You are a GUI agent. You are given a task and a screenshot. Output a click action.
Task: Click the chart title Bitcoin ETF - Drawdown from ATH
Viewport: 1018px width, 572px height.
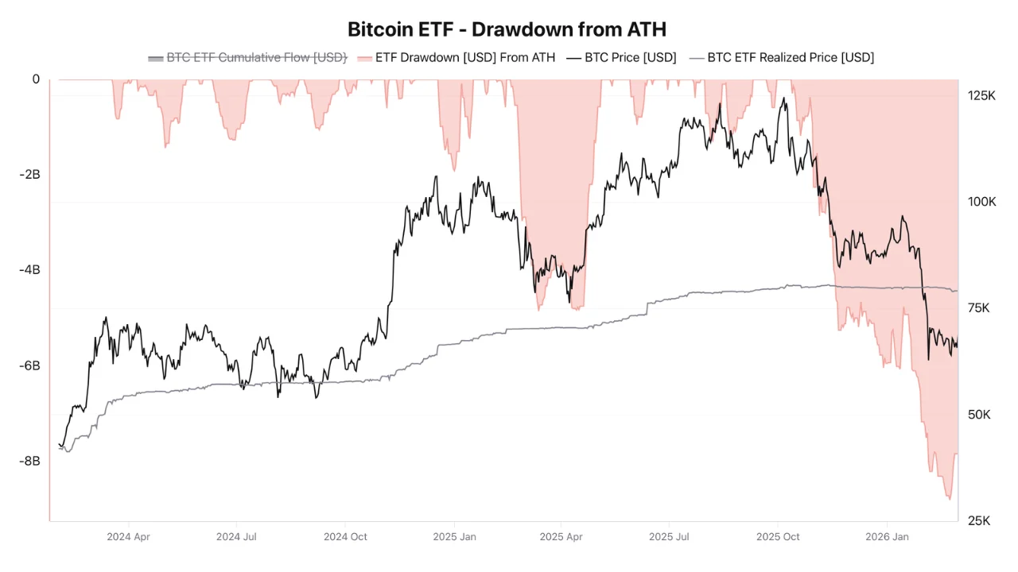click(x=507, y=29)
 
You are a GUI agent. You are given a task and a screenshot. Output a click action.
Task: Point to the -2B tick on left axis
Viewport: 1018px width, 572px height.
click(x=29, y=174)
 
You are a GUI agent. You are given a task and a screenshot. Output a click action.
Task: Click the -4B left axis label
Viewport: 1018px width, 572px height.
click(x=29, y=269)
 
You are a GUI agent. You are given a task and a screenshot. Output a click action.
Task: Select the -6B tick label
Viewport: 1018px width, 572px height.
click(x=29, y=365)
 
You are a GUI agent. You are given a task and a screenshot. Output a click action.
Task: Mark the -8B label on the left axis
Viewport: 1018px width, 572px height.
click(x=29, y=461)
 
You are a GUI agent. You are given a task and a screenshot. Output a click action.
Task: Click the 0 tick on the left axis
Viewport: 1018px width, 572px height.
click(x=36, y=79)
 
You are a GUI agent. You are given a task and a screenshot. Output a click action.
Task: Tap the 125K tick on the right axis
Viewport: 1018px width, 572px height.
click(x=981, y=95)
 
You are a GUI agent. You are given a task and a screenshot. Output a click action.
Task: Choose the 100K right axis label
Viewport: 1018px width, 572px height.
click(x=981, y=202)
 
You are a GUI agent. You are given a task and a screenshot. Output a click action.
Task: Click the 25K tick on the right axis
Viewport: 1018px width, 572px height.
click(x=978, y=521)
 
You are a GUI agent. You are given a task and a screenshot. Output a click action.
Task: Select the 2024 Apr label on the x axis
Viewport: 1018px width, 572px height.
click(x=128, y=537)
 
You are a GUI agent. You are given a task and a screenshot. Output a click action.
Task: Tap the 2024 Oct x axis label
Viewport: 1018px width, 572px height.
click(x=345, y=537)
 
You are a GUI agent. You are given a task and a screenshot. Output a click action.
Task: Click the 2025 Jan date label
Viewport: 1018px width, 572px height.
click(x=455, y=537)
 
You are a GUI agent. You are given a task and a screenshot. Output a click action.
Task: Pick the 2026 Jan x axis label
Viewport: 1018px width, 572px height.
click(x=888, y=537)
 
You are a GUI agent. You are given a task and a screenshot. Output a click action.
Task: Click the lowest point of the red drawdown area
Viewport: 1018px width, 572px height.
click(x=949, y=499)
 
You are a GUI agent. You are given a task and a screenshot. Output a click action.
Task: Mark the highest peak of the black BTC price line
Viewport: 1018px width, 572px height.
click(x=784, y=99)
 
